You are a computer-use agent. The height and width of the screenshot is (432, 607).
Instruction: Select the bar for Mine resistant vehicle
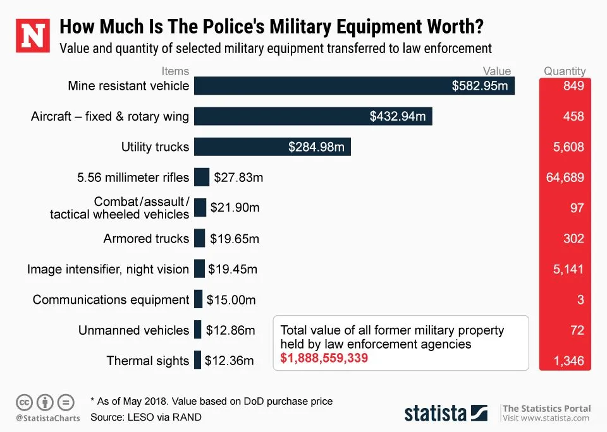[354, 86]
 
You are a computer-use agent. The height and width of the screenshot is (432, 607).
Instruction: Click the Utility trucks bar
[272, 147]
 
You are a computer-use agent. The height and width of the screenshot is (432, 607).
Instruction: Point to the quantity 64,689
[565, 177]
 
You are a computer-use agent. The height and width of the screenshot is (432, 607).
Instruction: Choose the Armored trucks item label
[146, 239]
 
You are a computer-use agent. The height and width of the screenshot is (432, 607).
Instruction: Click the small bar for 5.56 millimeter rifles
[202, 177]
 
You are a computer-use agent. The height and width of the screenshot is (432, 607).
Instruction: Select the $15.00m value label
[231, 300]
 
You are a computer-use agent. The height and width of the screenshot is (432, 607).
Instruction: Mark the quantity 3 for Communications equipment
[580, 300]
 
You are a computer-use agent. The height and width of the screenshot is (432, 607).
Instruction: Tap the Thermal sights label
[147, 361]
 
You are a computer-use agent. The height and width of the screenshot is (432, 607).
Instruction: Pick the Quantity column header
[565, 71]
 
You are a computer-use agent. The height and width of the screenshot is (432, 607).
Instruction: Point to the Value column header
[497, 71]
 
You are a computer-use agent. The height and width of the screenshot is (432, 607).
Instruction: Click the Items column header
[175, 71]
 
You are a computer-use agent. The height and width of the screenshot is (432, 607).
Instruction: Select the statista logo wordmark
[436, 413]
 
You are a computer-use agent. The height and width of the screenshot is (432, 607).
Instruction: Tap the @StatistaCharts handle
[48, 419]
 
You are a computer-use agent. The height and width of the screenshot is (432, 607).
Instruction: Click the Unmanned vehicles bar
[198, 330]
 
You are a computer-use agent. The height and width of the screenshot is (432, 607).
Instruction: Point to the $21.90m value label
[235, 208]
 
